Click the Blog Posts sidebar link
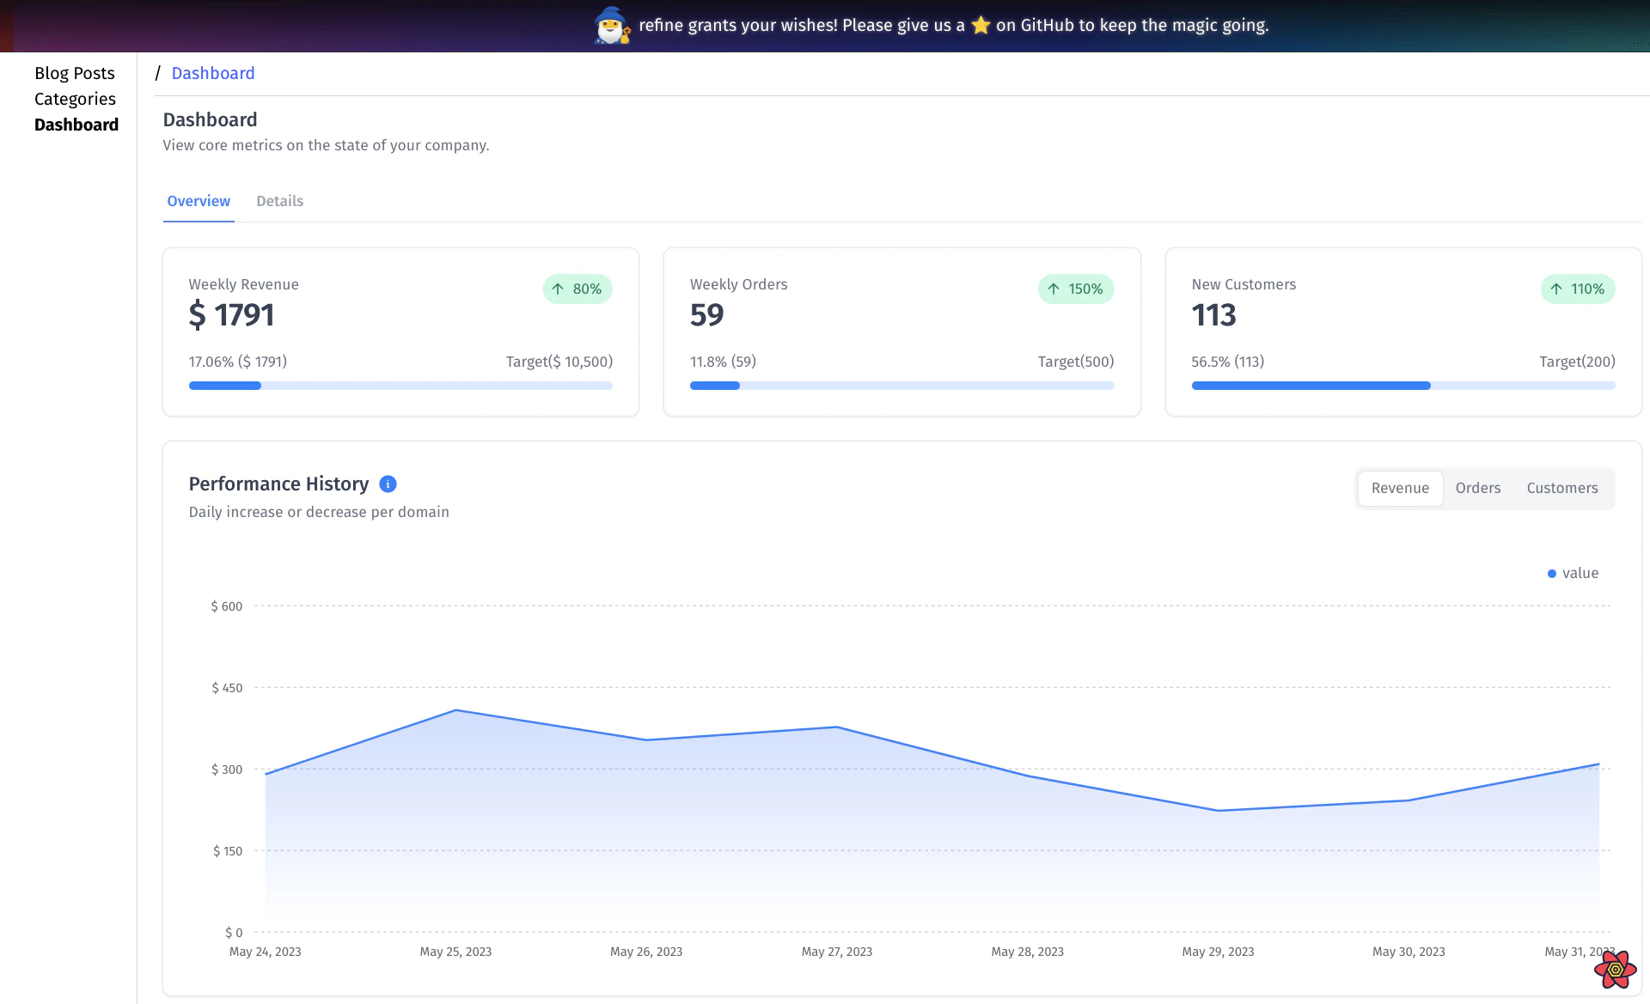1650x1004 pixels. click(75, 73)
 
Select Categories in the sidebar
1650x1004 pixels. click(75, 99)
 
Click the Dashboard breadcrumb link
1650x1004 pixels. click(213, 73)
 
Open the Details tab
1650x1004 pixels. click(279, 201)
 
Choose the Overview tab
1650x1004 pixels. click(199, 201)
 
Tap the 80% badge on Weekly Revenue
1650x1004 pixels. click(577, 289)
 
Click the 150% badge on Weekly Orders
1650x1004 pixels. click(1076, 289)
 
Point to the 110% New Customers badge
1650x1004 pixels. click(1578, 289)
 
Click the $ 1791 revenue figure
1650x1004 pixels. click(231, 315)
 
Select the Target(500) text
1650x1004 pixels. click(1075, 362)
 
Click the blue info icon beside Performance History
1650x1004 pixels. click(388, 484)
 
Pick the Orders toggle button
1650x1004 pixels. click(1477, 488)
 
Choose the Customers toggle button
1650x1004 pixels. click(1561, 488)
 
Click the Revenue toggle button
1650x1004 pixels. click(1400, 488)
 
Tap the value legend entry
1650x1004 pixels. click(1573, 573)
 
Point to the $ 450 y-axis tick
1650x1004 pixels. click(227, 688)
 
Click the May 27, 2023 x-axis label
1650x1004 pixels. click(836, 952)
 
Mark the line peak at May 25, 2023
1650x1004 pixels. click(455, 710)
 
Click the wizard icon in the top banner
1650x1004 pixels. click(612, 25)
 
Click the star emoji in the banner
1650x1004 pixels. click(981, 26)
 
